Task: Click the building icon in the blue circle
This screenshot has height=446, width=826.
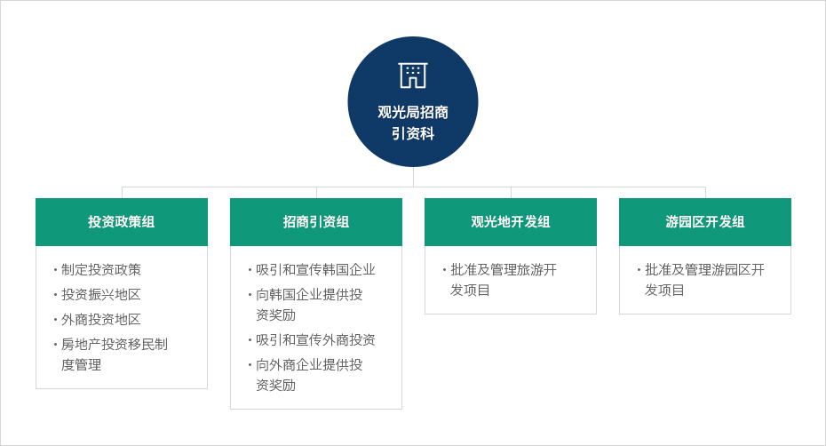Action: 412,76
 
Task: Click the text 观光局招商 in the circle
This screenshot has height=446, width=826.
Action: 413,112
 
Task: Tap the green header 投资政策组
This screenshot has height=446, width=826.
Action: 122,222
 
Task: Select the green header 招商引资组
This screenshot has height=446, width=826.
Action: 316,222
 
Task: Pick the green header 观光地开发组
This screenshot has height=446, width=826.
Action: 511,222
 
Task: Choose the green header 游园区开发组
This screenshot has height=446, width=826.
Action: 705,222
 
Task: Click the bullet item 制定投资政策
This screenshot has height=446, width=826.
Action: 101,270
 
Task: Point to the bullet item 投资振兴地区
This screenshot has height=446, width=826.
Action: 101,295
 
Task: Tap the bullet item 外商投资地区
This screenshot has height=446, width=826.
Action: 101,320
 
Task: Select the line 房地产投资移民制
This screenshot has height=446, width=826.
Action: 115,344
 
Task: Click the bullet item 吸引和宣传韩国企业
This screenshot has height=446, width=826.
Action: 315,270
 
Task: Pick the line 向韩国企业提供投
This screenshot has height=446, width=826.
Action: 309,295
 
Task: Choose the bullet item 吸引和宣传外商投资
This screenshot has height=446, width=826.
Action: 315,340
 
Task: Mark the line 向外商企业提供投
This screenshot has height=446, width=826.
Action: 309,365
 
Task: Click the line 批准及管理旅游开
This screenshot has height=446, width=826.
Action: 504,270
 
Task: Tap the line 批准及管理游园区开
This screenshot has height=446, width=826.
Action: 705,270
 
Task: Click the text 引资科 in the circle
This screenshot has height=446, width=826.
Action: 413,134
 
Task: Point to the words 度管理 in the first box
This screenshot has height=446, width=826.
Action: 81,365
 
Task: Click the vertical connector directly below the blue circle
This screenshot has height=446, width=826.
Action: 414,177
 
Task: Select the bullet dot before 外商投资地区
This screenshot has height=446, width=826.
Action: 55,320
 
